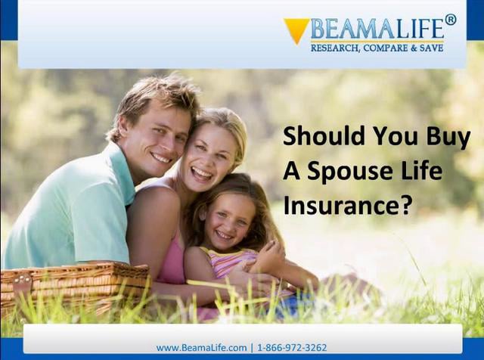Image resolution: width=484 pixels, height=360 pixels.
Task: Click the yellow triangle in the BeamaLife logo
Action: click(x=296, y=29)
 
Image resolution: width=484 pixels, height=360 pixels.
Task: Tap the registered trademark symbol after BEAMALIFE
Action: click(x=450, y=20)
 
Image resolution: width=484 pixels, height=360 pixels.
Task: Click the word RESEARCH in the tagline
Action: click(x=337, y=48)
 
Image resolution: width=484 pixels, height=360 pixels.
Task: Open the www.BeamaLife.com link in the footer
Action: click(x=201, y=348)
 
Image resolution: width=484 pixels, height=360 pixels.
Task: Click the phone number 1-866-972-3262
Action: click(x=292, y=348)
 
